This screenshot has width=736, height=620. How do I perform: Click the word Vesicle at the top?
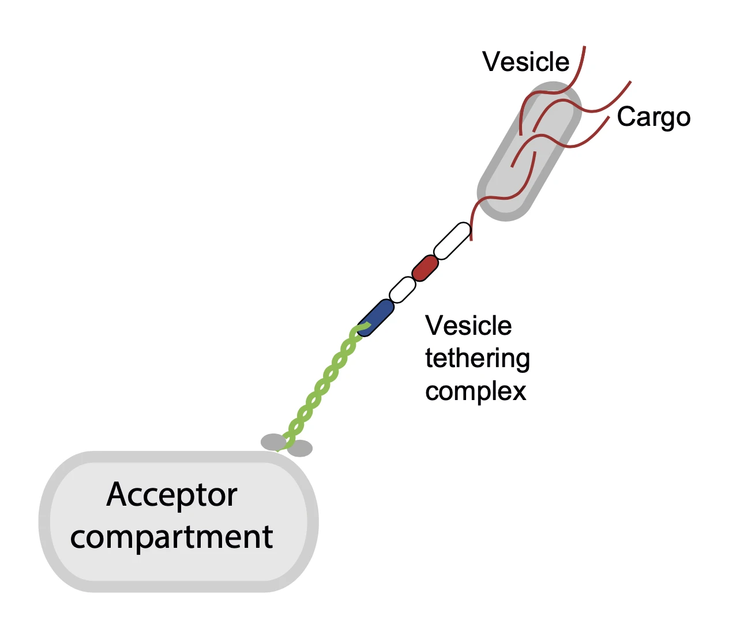click(525, 62)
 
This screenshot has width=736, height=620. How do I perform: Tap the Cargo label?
click(653, 117)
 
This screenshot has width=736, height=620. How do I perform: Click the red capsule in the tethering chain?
click(425, 268)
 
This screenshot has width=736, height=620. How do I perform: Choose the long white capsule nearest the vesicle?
click(452, 241)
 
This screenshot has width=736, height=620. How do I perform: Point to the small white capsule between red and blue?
click(403, 290)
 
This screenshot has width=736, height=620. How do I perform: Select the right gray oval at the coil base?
click(301, 449)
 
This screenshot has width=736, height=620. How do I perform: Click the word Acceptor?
click(172, 495)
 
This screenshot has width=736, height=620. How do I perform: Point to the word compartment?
click(171, 537)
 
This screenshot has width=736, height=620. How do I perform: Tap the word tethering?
click(477, 358)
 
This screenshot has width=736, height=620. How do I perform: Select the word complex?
click(475, 391)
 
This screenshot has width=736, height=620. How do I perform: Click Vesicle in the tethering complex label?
click(468, 326)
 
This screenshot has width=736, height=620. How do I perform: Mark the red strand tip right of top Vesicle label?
click(584, 48)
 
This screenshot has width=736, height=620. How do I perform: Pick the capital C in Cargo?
click(626, 117)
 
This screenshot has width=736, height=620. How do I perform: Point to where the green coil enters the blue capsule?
click(363, 327)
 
